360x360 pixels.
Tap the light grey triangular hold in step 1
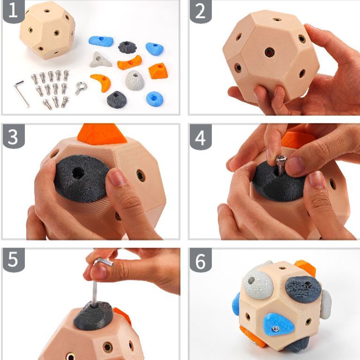101,60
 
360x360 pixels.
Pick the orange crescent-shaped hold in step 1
101,82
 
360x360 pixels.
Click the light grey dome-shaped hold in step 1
135,80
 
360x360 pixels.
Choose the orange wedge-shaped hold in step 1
158,71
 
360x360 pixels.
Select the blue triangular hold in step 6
279,324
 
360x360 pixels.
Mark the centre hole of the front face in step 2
270,52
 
